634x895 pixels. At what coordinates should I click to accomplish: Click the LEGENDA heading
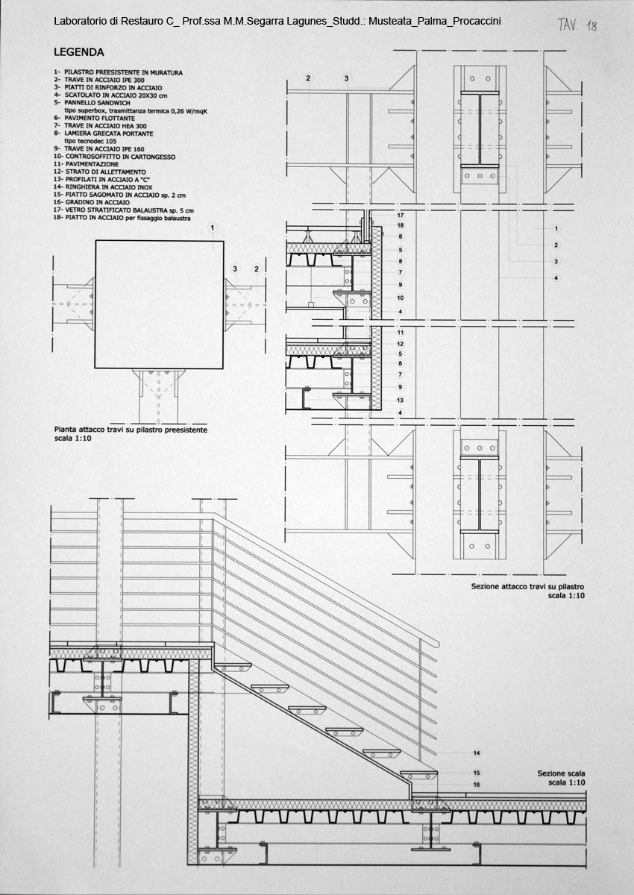(x=79, y=52)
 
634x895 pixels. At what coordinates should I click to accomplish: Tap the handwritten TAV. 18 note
(x=577, y=25)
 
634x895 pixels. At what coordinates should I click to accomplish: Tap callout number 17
(x=401, y=216)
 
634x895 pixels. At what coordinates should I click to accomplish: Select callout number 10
(x=401, y=298)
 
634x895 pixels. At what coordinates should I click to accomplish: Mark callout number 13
(x=401, y=400)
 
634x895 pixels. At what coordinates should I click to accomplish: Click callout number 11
(x=401, y=333)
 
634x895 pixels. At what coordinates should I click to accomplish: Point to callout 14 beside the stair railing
(x=477, y=753)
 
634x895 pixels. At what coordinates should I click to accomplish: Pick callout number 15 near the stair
(x=477, y=773)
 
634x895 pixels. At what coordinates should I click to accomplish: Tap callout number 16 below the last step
(x=477, y=785)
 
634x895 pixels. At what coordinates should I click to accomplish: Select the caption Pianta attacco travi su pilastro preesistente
(x=131, y=430)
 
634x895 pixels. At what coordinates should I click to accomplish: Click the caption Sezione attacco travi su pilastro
(x=527, y=586)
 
